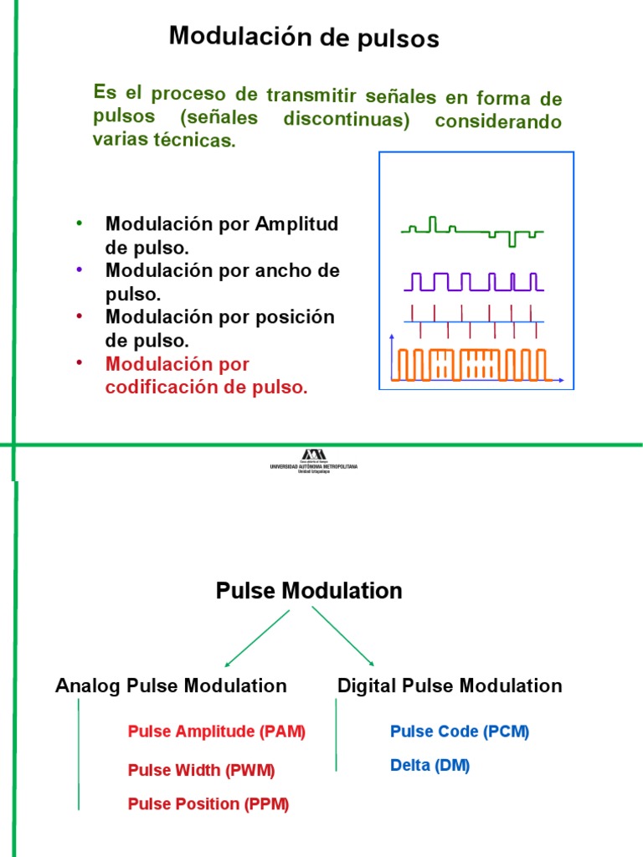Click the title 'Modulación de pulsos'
click(304, 38)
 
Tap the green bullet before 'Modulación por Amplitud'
click(79, 223)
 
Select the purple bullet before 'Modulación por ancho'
click(79, 269)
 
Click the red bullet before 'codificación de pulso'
click(79, 362)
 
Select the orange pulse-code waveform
click(472, 364)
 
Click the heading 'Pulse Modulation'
click(309, 591)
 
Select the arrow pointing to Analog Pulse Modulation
click(255, 638)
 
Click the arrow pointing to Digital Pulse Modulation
click(343, 636)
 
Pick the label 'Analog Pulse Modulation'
click(171, 686)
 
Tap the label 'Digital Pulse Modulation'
click(450, 686)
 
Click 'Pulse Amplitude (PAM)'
click(217, 731)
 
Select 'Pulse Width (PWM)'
click(201, 770)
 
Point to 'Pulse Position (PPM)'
click(208, 804)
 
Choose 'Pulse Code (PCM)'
click(460, 731)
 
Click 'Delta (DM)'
click(430, 765)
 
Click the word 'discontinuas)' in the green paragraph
click(346, 120)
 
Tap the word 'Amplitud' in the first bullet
click(297, 224)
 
